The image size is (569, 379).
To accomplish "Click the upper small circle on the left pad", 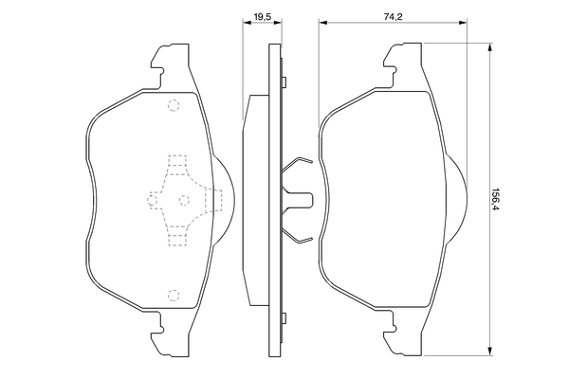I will coord(172,105).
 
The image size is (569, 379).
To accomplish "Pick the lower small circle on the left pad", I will coord(172,295).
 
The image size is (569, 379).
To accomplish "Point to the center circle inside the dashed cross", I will coord(183,199).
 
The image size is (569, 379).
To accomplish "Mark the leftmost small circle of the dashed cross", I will coord(152,199).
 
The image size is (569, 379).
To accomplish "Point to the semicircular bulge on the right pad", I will coord(456,199).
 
